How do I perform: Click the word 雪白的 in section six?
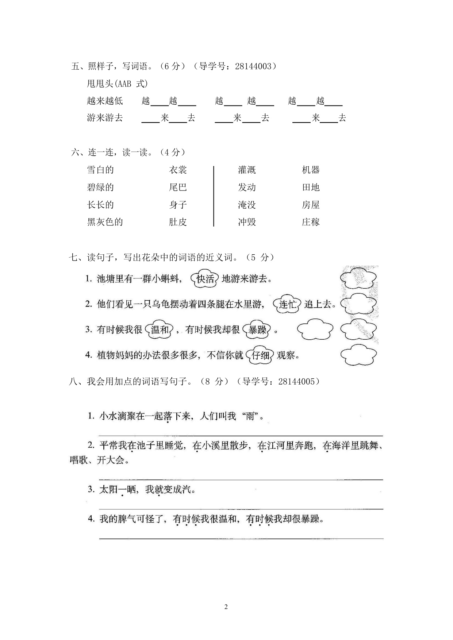pyautogui.click(x=100, y=170)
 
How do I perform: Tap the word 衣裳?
pyautogui.click(x=178, y=170)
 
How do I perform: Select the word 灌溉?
pyautogui.click(x=247, y=170)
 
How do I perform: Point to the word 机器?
pyautogui.click(x=311, y=170)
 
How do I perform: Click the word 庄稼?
pyautogui.click(x=311, y=222)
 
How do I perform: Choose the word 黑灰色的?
pyautogui.click(x=105, y=222)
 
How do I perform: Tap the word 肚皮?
pyautogui.click(x=178, y=222)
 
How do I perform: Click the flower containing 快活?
pyautogui.click(x=205, y=279)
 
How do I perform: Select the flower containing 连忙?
pyautogui.click(x=288, y=304)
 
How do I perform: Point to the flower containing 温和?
pyautogui.click(x=160, y=330)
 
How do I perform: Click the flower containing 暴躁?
pyautogui.click(x=257, y=330)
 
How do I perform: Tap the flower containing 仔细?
pyautogui.click(x=260, y=355)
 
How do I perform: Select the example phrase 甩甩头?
pyautogui.click(x=99, y=84)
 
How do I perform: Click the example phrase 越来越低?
pyautogui.click(x=105, y=101)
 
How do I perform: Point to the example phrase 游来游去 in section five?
pyautogui.click(x=105, y=118)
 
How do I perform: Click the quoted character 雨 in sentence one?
pyautogui.click(x=250, y=416)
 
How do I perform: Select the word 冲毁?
pyautogui.click(x=247, y=222)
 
